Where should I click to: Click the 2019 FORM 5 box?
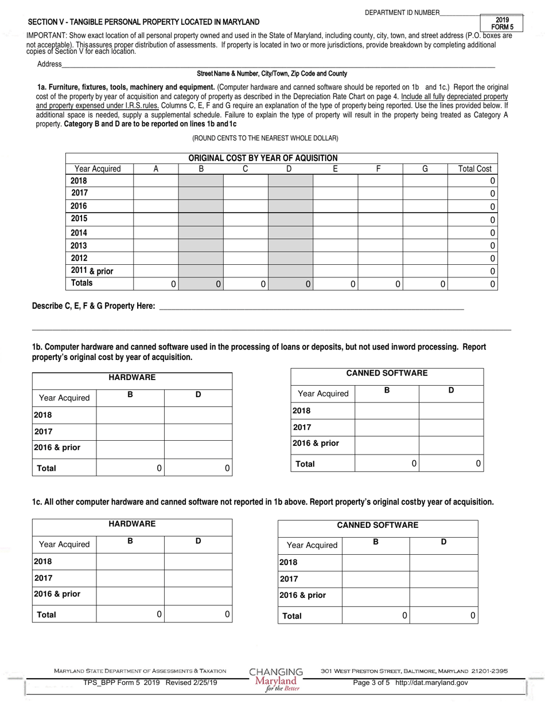[x=503, y=23]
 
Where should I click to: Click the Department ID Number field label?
[x=402, y=13]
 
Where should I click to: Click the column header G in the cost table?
[x=425, y=169]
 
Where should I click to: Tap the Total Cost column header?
[x=474, y=169]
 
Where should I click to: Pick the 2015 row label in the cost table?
[x=79, y=218]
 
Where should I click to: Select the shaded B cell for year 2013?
[x=200, y=245]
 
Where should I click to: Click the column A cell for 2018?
[x=155, y=181]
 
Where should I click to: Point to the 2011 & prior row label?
[x=92, y=271]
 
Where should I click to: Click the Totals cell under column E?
[x=335, y=284]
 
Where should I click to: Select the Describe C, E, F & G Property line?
[x=310, y=307]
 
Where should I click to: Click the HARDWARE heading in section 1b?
[x=132, y=377]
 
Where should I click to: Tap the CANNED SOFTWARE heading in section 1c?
[x=377, y=525]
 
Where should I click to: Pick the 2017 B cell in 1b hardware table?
[x=130, y=432]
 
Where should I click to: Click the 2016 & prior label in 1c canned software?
[x=302, y=595]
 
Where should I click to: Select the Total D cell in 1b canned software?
[x=451, y=463]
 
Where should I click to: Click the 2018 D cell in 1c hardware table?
[x=198, y=561]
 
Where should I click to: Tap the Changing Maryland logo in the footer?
[x=276, y=679]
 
